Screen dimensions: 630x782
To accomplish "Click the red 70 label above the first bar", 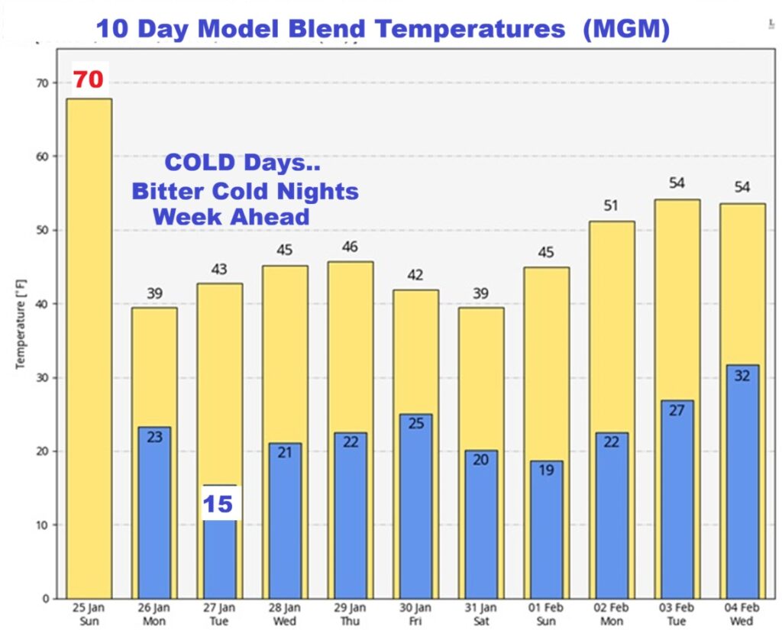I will tap(88, 79).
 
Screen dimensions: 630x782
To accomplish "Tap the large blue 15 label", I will tap(218, 504).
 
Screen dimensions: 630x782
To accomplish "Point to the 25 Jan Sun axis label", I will tap(89, 613).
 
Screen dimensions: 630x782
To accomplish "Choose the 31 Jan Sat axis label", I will tap(480, 613).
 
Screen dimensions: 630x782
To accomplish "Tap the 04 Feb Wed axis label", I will tap(742, 613).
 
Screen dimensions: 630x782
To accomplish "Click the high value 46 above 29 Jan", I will tap(351, 247).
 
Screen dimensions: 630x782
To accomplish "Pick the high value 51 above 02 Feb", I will tap(611, 206).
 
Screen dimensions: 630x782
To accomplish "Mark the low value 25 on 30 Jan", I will tap(415, 422).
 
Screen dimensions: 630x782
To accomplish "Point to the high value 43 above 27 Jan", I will tap(219, 270).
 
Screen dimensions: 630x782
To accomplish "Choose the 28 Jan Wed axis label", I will tap(285, 613).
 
